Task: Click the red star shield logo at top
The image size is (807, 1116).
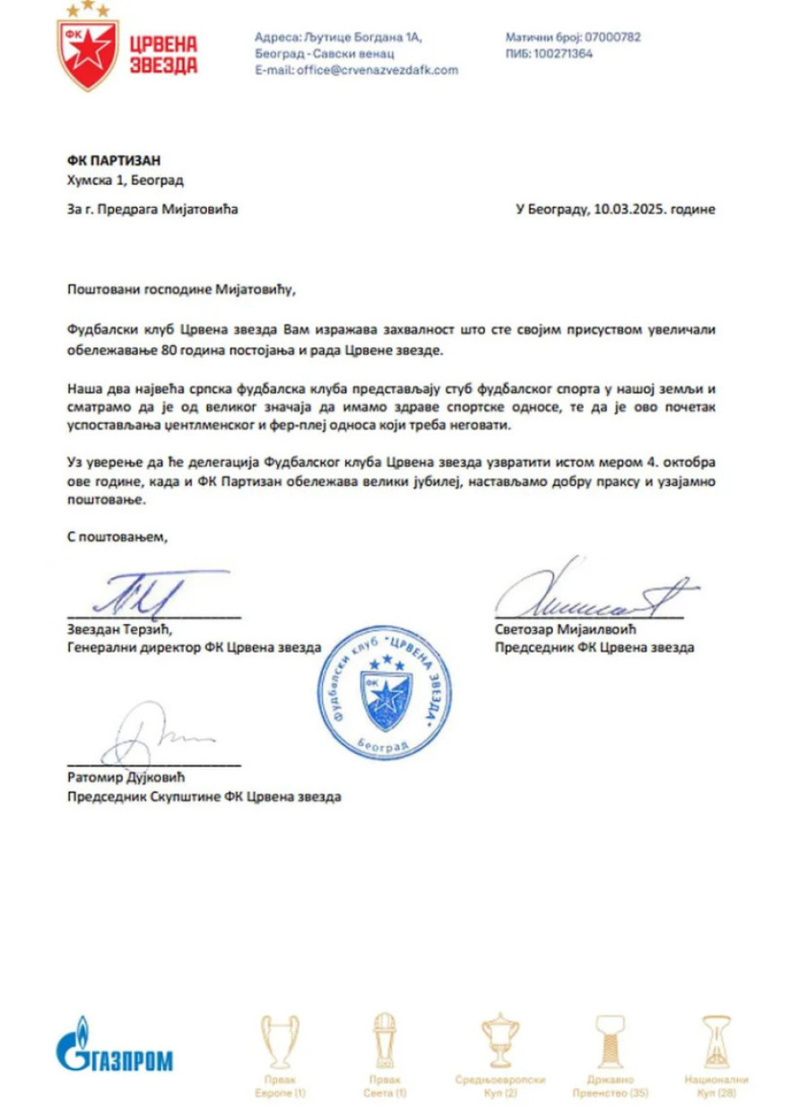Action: click(x=87, y=48)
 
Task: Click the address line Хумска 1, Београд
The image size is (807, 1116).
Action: click(x=126, y=180)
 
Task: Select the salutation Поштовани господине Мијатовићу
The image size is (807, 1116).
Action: click(x=180, y=289)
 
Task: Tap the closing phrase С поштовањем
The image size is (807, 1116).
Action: click(x=117, y=538)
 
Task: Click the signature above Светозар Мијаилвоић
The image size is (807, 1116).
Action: click(x=592, y=592)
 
